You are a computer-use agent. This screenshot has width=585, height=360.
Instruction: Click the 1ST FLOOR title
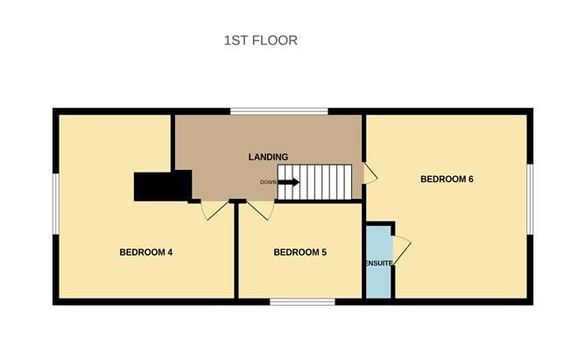pyautogui.click(x=260, y=40)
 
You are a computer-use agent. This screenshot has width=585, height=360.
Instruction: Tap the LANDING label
pyautogui.click(x=268, y=157)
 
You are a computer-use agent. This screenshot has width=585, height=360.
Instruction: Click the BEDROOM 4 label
pyautogui.click(x=146, y=252)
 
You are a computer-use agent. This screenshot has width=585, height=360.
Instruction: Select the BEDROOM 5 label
pyautogui.click(x=300, y=252)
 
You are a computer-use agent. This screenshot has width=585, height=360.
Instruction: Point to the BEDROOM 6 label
pyautogui.click(x=447, y=179)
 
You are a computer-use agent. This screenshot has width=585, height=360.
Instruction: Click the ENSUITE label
pyautogui.click(x=379, y=264)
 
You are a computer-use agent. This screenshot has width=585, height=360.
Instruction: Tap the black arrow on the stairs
pyautogui.click(x=289, y=182)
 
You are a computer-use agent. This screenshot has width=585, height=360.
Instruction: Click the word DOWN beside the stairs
pyautogui.click(x=268, y=182)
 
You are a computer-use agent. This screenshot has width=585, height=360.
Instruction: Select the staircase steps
pyautogui.click(x=315, y=182)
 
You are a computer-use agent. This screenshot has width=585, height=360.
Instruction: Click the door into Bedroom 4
pyautogui.click(x=215, y=210)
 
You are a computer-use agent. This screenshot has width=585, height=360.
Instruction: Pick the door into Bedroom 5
pyautogui.click(x=261, y=210)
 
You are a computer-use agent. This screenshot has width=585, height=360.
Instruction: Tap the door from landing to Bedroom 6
pyautogui.click(x=370, y=173)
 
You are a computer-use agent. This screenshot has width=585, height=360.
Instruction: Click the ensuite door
pyautogui.click(x=401, y=251)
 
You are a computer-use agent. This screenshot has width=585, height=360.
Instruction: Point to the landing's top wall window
pyautogui.click(x=279, y=111)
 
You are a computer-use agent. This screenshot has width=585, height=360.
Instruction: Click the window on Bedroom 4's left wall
pyautogui.click(x=55, y=204)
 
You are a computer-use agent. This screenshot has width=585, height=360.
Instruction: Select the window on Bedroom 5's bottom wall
pyautogui.click(x=302, y=302)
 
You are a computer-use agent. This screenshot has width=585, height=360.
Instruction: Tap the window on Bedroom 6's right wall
pyautogui.click(x=530, y=199)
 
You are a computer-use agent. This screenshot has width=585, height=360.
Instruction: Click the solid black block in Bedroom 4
pyautogui.click(x=163, y=187)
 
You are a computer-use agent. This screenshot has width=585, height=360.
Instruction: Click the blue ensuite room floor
pyautogui.click(x=378, y=262)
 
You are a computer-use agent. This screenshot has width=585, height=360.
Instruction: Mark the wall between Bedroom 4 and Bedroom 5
pyautogui.click(x=236, y=251)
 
